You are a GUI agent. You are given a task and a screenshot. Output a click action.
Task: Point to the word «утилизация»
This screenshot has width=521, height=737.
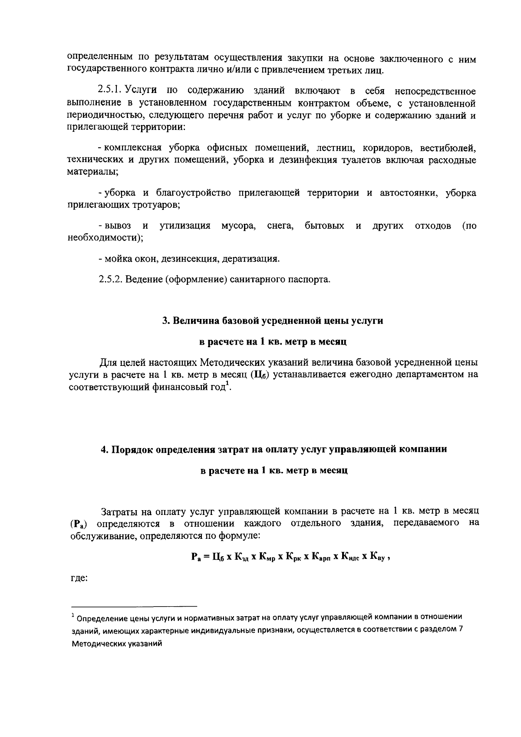[x=185, y=226]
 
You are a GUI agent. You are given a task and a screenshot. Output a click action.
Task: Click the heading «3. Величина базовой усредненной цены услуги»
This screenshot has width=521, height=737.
[x=273, y=321]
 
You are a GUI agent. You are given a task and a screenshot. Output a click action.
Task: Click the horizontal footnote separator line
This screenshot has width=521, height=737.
[x=134, y=606]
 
